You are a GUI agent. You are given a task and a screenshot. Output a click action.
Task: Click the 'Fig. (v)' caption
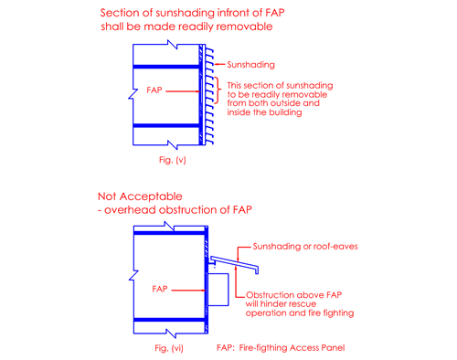[x=172, y=160]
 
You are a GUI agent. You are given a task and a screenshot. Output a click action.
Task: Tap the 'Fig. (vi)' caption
[x=169, y=348]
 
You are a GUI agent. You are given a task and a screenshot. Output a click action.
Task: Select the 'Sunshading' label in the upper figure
[x=250, y=65]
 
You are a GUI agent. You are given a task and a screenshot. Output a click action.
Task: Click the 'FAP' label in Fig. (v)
[x=154, y=90]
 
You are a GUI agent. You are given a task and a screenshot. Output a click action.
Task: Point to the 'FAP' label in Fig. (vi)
[x=160, y=289]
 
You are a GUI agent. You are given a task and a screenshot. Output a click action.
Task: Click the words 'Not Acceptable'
[x=140, y=196]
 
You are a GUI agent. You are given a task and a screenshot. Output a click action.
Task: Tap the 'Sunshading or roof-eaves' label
[x=305, y=246]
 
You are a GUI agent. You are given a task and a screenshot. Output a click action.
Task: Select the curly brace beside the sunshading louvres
[x=218, y=90]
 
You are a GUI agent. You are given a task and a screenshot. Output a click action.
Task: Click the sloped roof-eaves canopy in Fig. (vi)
[x=234, y=264]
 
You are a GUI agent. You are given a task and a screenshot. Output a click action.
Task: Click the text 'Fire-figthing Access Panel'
[x=292, y=348]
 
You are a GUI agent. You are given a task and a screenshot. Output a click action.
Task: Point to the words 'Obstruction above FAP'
[x=293, y=295]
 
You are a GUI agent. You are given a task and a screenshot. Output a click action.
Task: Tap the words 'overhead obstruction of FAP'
[x=178, y=210]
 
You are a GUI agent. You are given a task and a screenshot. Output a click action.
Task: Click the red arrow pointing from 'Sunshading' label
[x=219, y=64]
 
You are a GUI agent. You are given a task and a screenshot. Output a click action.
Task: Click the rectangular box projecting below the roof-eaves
[x=218, y=290]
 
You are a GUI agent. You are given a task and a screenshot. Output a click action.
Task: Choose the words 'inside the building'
[x=264, y=112]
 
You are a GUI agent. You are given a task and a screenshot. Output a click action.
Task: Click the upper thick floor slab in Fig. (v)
[x=166, y=67]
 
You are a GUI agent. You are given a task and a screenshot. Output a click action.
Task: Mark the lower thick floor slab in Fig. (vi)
[x=169, y=320]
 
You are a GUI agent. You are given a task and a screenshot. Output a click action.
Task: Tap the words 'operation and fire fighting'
[x=300, y=313]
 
